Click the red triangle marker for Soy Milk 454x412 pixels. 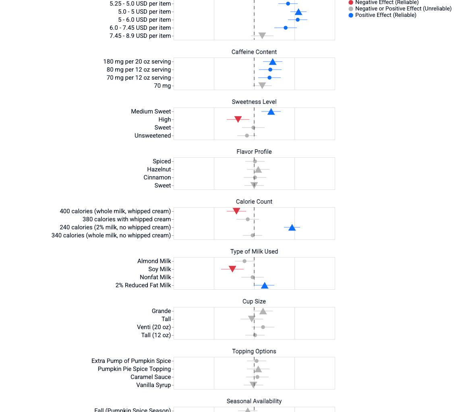click(232, 269)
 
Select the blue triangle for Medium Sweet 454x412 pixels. click(271, 111)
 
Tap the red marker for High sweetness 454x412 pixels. click(238, 119)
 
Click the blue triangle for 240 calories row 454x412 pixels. click(292, 227)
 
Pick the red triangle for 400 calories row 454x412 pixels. click(236, 211)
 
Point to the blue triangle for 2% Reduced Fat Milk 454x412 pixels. click(265, 285)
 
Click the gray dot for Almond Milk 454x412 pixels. click(245, 261)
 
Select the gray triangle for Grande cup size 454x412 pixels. click(263, 311)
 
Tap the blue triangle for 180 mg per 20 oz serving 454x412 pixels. click(273, 62)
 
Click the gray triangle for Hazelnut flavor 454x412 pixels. click(258, 169)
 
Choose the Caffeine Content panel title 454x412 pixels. click(254, 52)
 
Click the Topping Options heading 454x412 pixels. click(254, 351)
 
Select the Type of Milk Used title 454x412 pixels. click(254, 251)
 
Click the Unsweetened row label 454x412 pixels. click(153, 136)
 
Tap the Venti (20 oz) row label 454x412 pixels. click(154, 327)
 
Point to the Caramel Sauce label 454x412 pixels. click(151, 377)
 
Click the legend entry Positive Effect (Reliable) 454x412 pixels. click(386, 15)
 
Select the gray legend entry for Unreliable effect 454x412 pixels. click(403, 9)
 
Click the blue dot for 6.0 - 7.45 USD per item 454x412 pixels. click(286, 28)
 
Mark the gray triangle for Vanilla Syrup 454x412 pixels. click(253, 385)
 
